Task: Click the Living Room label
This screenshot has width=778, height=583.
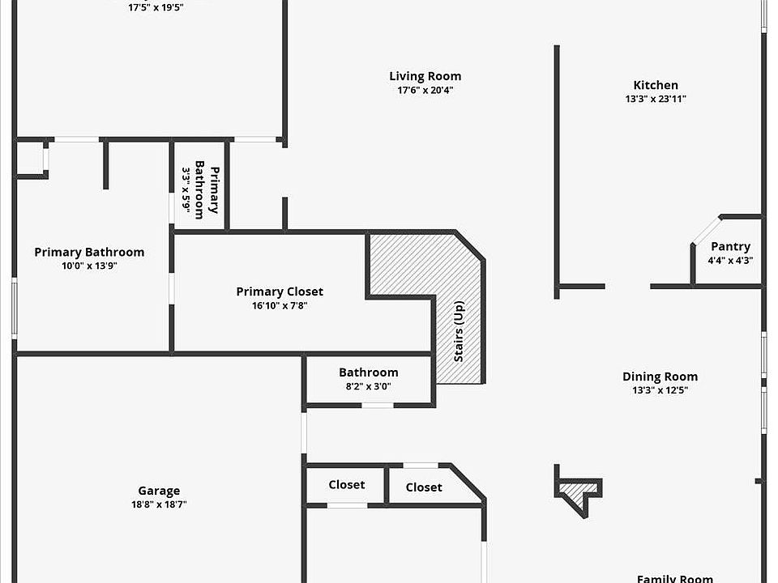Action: [x=425, y=77]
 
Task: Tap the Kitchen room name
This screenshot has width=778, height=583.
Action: [x=656, y=85]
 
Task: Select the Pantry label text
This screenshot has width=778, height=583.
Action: [x=730, y=246]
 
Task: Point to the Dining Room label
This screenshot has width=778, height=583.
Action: [x=660, y=377]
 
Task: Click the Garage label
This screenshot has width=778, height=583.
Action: [x=159, y=491]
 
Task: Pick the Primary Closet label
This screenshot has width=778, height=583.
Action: [x=280, y=291]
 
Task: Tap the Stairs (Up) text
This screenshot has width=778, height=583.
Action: [x=459, y=331]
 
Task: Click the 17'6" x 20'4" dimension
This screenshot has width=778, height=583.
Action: [x=425, y=91]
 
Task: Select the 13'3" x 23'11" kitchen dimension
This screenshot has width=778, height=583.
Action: [x=656, y=99]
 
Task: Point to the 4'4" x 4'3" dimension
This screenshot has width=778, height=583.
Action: [x=730, y=260]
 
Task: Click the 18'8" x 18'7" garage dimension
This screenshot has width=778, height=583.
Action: [x=159, y=504]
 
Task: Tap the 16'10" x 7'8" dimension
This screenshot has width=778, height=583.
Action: [x=280, y=305]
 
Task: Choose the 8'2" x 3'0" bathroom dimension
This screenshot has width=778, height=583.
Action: [x=369, y=386]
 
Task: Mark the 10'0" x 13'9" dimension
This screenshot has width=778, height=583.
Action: [x=89, y=266]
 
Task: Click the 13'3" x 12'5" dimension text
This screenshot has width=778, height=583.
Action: [x=660, y=390]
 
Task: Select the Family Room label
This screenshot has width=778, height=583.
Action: [x=675, y=578]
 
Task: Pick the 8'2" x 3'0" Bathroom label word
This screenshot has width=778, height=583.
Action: [x=369, y=372]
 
